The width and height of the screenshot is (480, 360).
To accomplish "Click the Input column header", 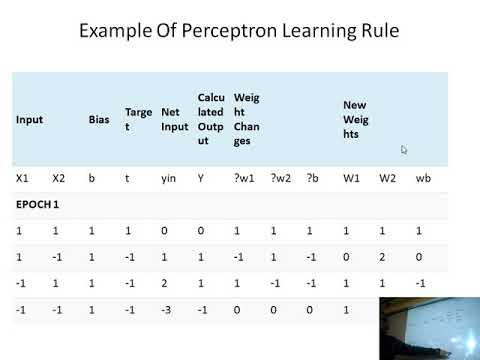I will pyautogui.click(x=29, y=120).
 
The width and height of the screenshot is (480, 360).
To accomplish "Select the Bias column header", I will pyautogui.click(x=99, y=120).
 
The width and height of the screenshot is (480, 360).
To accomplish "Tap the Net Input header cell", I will pyautogui.click(x=174, y=120).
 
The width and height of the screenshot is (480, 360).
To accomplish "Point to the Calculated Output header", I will pyautogui.click(x=210, y=119).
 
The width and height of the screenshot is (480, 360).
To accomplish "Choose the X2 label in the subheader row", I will pyautogui.click(x=58, y=178).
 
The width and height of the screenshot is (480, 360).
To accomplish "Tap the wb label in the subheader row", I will pyautogui.click(x=421, y=178).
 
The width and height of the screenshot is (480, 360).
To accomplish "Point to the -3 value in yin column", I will pyautogui.click(x=167, y=311).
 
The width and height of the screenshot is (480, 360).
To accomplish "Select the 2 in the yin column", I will pyautogui.click(x=165, y=284).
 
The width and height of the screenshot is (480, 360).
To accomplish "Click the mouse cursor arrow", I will pyautogui.click(x=404, y=150).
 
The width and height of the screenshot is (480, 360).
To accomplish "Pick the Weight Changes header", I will pyautogui.click(x=247, y=119).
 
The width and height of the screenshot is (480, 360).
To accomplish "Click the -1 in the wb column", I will pyautogui.click(x=421, y=284).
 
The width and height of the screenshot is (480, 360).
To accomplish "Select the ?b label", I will pyautogui.click(x=311, y=178).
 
